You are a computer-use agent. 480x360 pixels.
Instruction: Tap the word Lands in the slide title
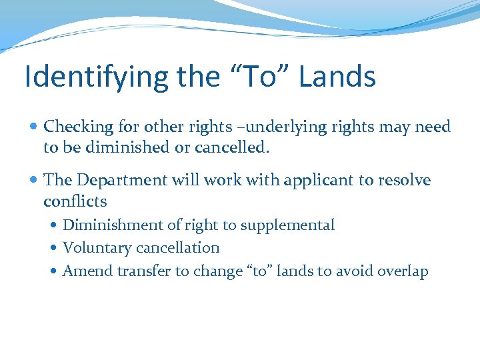coord(337,77)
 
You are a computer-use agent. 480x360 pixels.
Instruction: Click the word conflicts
coord(75,201)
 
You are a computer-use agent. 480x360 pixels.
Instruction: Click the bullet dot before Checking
coord(34,127)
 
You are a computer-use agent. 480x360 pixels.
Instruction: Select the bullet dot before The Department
coord(34,180)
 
